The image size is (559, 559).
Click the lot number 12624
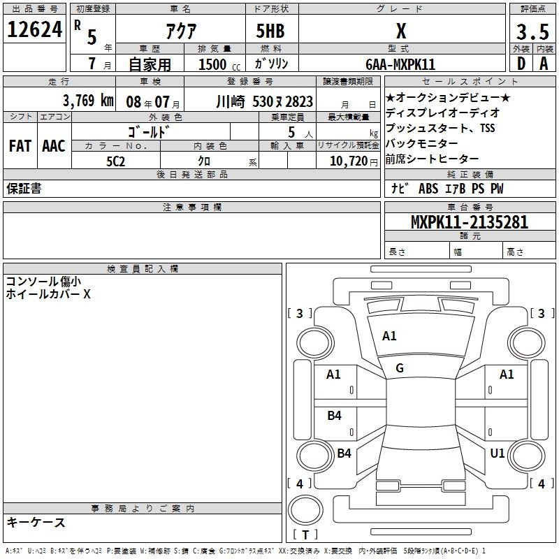34,29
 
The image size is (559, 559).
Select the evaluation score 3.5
532,31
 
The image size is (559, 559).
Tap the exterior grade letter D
521,64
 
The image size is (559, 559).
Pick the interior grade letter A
544,64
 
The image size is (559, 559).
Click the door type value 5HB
270,31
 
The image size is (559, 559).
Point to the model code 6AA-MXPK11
400,64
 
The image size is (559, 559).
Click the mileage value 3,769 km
88,101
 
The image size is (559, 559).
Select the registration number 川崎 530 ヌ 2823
265,102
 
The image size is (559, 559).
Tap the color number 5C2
116,161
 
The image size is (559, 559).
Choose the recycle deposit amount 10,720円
354,161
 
